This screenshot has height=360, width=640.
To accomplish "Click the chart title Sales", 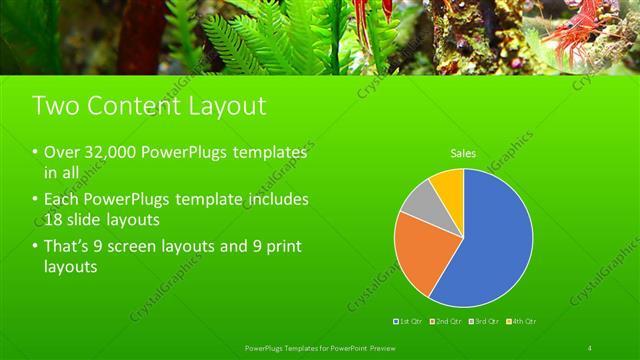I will tap(462, 153).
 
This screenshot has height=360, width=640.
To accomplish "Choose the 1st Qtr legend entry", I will tap(409, 321).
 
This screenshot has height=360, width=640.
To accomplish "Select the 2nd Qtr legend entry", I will tap(446, 321).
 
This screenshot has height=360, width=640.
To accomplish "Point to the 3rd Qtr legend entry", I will tap(485, 321).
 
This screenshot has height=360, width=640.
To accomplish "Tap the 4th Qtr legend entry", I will tap(522, 321).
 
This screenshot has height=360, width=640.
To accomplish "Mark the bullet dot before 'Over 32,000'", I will tap(36, 153).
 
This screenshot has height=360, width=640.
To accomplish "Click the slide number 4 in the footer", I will tap(590, 347).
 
